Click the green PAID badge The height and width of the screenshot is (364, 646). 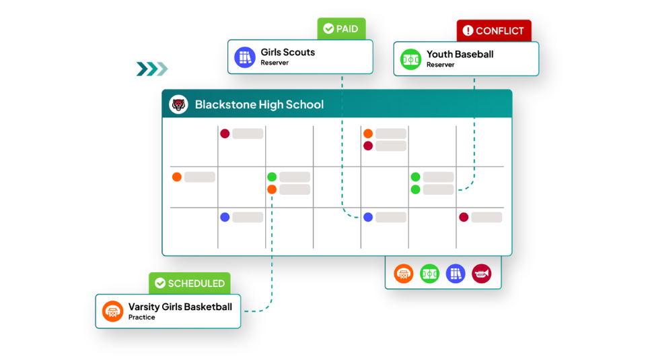point(341,28)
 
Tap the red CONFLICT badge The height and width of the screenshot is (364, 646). point(493,30)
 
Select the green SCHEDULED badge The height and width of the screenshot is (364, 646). point(190,283)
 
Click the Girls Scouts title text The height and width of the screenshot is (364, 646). point(287,53)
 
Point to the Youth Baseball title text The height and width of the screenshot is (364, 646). point(460,54)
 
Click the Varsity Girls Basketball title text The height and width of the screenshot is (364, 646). point(180,307)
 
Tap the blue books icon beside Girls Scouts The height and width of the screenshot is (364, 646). point(245,57)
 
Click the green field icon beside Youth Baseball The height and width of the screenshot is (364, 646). point(410,59)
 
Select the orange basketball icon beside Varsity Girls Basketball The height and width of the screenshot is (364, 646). point(112,311)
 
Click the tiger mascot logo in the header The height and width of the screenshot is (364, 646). point(178,104)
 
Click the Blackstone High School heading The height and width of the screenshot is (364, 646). point(259,104)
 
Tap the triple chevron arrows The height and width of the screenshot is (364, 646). point(152,69)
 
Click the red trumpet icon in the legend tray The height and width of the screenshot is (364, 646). point(481,274)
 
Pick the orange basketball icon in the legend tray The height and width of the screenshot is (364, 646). point(403,274)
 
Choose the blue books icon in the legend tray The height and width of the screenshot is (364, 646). point(456,274)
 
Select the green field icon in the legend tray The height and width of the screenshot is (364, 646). point(429,274)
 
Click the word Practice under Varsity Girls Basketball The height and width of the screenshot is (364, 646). point(142,317)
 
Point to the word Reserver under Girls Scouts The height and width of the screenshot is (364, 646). point(275,63)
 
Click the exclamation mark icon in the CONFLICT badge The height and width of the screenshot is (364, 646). point(468,30)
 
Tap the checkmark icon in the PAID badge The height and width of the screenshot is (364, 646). point(328,28)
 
